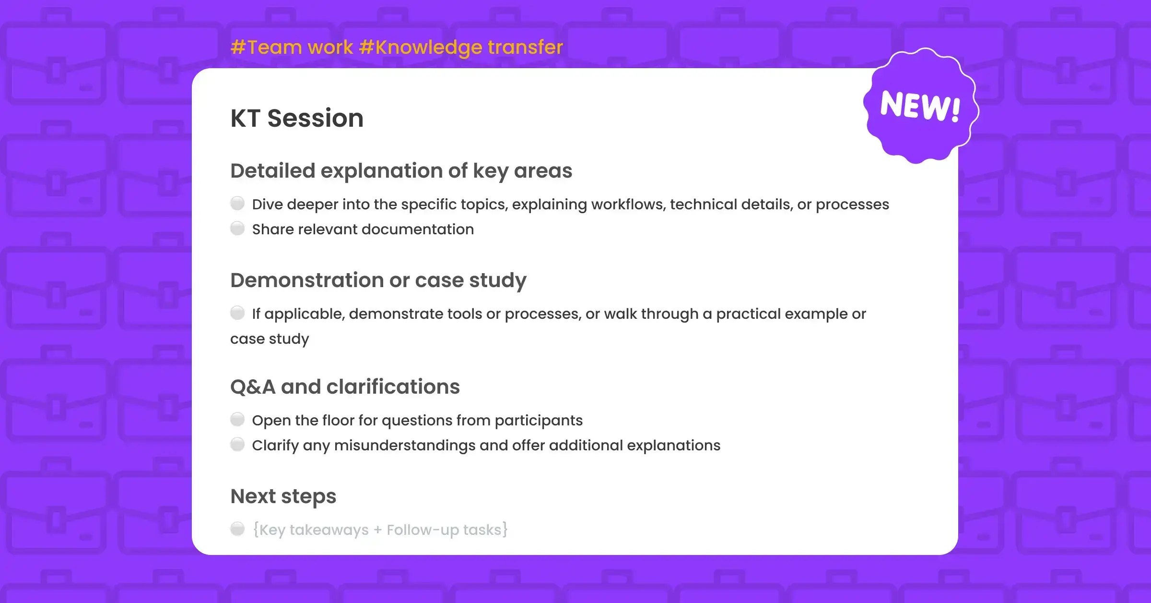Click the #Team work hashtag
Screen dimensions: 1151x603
(x=292, y=47)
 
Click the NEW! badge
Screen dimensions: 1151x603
(x=921, y=106)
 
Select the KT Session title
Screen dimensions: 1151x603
(x=297, y=118)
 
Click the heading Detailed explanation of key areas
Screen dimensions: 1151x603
(x=401, y=171)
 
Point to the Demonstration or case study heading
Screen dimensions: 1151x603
(x=378, y=281)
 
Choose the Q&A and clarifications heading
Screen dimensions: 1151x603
(x=345, y=387)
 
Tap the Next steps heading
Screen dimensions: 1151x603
(x=283, y=497)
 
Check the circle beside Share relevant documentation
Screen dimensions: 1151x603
(x=237, y=229)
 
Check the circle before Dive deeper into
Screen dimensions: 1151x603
(x=237, y=204)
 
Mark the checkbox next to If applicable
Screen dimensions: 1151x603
(x=237, y=313)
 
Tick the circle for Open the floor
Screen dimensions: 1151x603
(x=237, y=420)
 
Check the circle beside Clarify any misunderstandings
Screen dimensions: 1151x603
(x=237, y=445)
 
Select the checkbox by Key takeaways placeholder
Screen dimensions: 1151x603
(x=237, y=529)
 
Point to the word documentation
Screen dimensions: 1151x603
(x=418, y=229)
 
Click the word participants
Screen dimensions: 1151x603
(x=539, y=421)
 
